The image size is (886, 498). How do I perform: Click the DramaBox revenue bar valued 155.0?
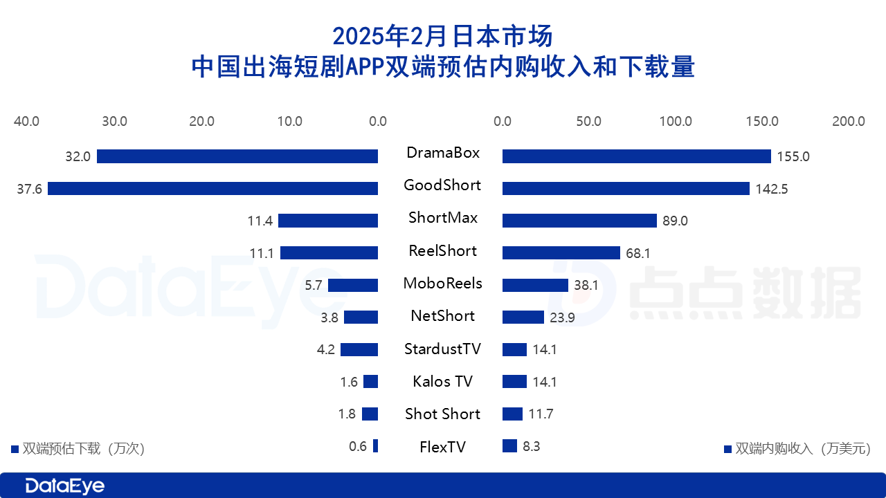tap(636, 156)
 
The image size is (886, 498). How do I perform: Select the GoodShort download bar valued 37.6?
tap(213, 188)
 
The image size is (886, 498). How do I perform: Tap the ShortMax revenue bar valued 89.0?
tap(579, 221)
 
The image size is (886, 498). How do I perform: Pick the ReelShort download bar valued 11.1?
tap(329, 253)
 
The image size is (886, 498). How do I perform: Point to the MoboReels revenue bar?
tap(535, 285)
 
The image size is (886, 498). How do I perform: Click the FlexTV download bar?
tap(375, 446)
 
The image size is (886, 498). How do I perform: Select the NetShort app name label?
tap(442, 316)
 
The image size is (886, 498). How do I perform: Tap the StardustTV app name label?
tap(442, 349)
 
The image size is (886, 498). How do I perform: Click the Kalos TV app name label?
tap(442, 381)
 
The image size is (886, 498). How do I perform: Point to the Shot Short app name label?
tap(442, 414)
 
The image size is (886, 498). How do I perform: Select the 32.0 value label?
tap(78, 157)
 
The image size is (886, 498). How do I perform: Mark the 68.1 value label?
tap(638, 254)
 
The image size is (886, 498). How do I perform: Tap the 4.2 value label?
tap(326, 349)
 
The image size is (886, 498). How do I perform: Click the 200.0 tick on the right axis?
tap(848, 122)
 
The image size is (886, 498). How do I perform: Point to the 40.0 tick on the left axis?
tap(26, 122)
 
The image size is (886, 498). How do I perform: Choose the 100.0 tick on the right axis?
tap(675, 122)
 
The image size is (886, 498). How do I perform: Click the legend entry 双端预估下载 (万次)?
tap(78, 448)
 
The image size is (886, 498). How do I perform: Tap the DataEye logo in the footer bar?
tap(64, 486)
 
